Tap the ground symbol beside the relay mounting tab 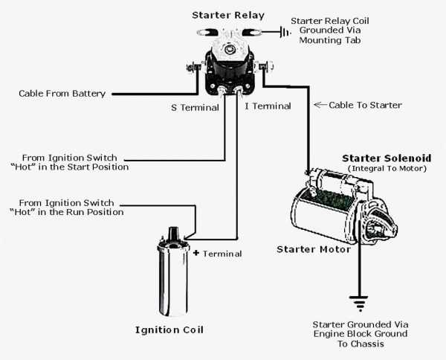pyautogui.click(x=282, y=32)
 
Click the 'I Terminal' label pyautogui.click(x=268, y=107)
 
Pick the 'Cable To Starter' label pyautogui.click(x=364, y=105)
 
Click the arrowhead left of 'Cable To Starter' pyautogui.click(x=317, y=105)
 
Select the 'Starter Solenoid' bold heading pyautogui.click(x=384, y=158)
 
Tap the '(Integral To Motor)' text pyautogui.click(x=387, y=170)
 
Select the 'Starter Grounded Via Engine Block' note pyautogui.click(x=361, y=334)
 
